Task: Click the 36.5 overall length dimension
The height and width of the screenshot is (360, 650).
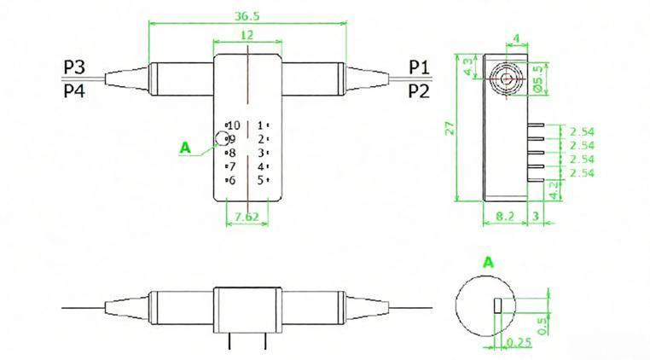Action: [x=247, y=15]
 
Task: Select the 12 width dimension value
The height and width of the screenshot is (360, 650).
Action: [x=247, y=36]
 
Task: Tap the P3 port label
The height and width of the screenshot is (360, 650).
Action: [x=74, y=67]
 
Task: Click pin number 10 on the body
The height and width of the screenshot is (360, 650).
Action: [x=233, y=125]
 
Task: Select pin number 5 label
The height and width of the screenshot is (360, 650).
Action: [x=260, y=180]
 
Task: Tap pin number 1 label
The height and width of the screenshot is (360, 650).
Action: [x=260, y=125]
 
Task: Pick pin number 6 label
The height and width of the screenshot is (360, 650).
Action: [x=230, y=180]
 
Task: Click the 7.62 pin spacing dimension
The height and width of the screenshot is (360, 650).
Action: [x=246, y=217]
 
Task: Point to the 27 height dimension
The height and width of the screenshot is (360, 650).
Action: [x=460, y=128]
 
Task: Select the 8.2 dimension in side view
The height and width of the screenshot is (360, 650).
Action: [x=504, y=218]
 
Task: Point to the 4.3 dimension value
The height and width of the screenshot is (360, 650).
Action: [x=468, y=67]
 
